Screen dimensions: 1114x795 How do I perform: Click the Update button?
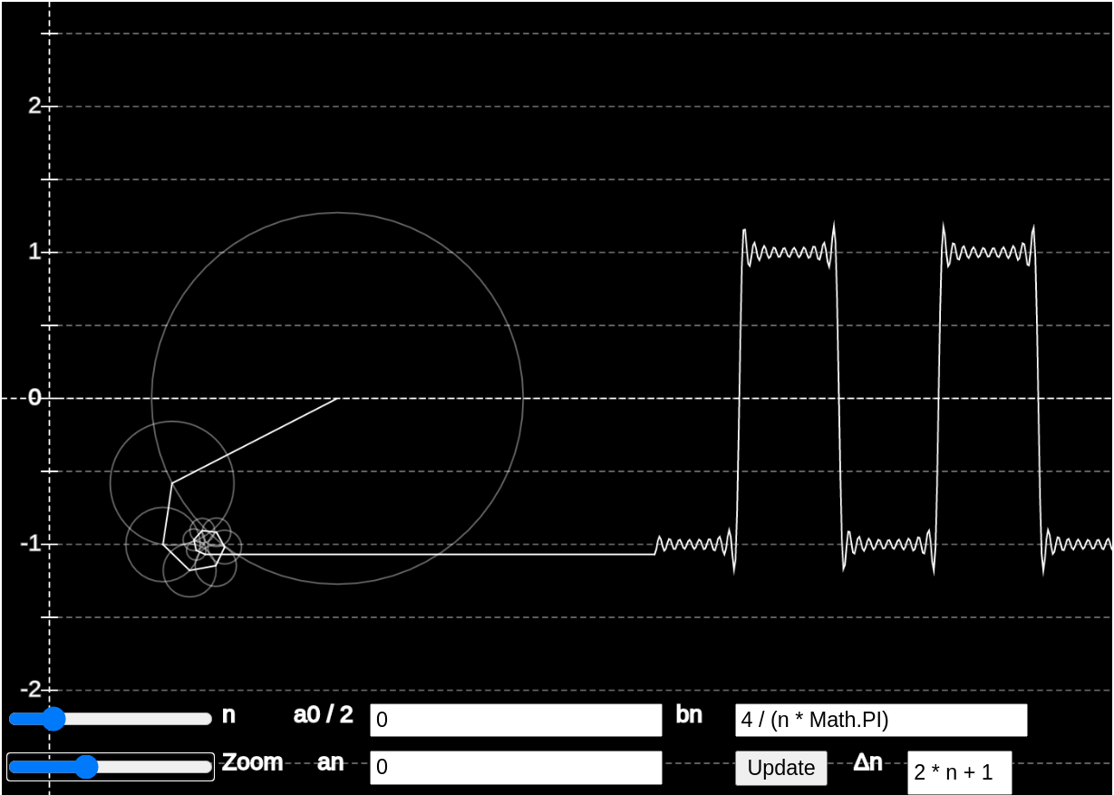781,768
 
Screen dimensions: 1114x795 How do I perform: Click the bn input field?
881,720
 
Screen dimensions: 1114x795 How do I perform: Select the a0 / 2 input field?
516,720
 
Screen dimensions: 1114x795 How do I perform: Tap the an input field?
516,768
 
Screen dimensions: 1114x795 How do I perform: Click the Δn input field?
959,772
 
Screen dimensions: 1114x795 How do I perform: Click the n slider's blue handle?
53,719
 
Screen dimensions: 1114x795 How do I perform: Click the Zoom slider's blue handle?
86,767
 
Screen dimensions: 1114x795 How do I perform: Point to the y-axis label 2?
34,105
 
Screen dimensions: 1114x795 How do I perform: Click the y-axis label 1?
34,252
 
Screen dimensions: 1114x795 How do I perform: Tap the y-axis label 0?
34,397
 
